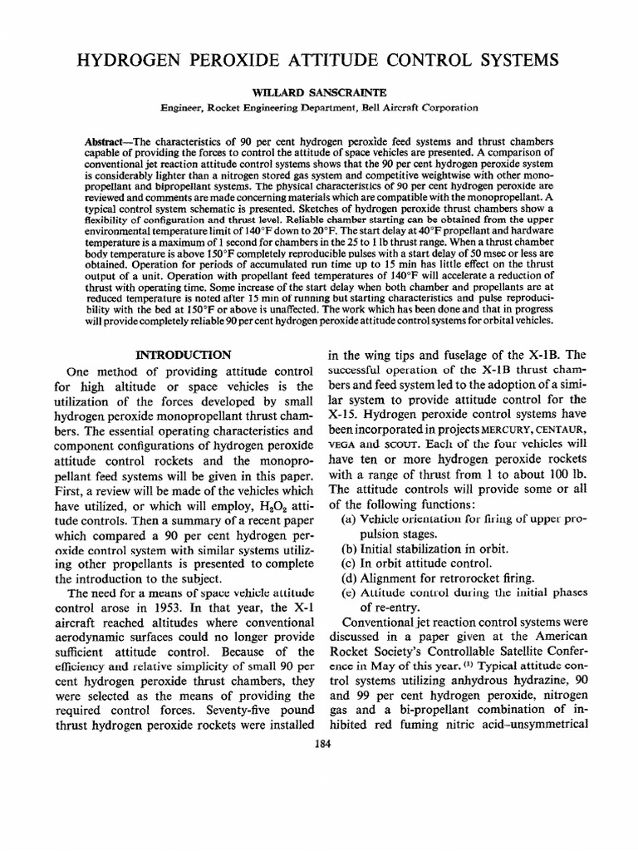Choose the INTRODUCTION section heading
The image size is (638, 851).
click(183, 354)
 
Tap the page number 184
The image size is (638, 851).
click(319, 745)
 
